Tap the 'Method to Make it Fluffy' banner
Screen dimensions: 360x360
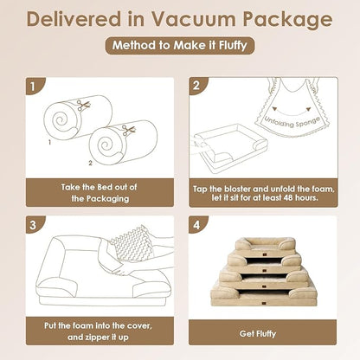(x=180, y=47)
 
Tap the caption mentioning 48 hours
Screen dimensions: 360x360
(x=264, y=191)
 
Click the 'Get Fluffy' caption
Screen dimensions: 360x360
(x=264, y=332)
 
